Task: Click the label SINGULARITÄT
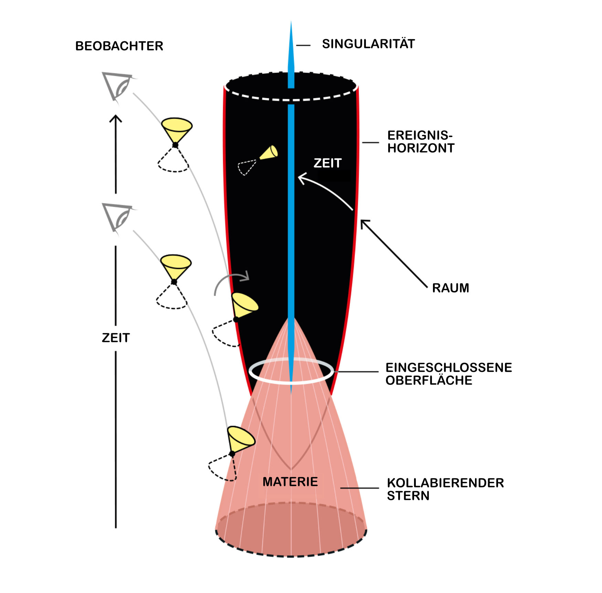(x=368, y=44)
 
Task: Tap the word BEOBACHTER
(x=119, y=46)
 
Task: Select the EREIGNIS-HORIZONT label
(x=421, y=142)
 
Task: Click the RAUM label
(x=451, y=288)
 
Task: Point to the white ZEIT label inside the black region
(x=328, y=163)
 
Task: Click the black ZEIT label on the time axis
(x=116, y=338)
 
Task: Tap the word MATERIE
(x=290, y=482)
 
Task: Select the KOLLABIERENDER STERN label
(x=445, y=489)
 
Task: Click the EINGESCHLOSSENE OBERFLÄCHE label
(x=448, y=374)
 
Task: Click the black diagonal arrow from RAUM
(x=394, y=253)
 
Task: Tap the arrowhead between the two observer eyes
(x=116, y=119)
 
